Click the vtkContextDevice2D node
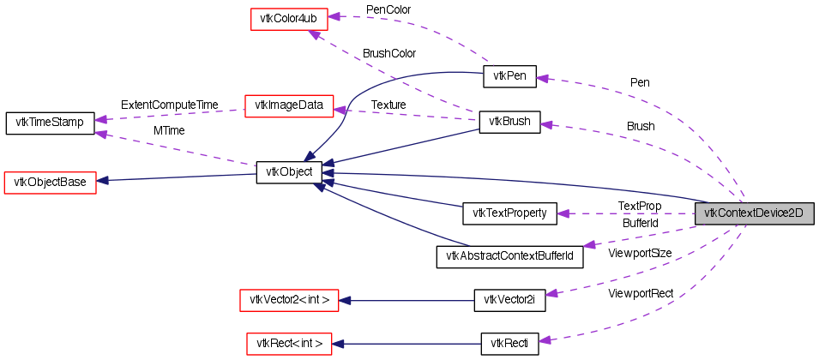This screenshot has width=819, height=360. [x=753, y=213]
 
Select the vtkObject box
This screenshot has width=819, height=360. [x=289, y=171]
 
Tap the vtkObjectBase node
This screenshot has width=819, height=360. [x=50, y=182]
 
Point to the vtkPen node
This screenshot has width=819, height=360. [x=509, y=76]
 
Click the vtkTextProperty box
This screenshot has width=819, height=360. [x=509, y=213]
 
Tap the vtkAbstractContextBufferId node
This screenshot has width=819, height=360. [x=509, y=256]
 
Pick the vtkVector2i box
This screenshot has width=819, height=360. [x=509, y=299]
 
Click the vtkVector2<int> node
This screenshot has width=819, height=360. [x=289, y=299]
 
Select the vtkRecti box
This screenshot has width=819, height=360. [x=509, y=344]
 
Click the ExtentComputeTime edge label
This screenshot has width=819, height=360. [x=169, y=105]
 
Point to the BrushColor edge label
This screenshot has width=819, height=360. [x=388, y=53]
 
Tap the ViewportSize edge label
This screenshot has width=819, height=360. [x=639, y=253]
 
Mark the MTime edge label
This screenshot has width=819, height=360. [x=169, y=130]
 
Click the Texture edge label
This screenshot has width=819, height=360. [x=388, y=105]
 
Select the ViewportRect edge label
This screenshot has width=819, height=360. [x=641, y=293]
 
